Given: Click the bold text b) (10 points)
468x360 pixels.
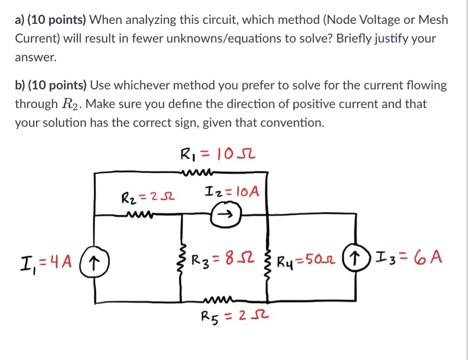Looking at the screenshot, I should pyautogui.click(x=51, y=85).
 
